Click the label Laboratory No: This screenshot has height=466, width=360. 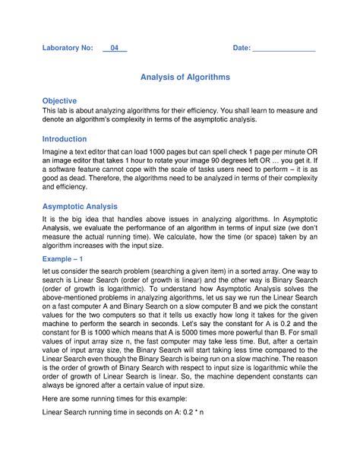click(68, 48)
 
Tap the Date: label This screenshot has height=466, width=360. click(242, 48)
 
